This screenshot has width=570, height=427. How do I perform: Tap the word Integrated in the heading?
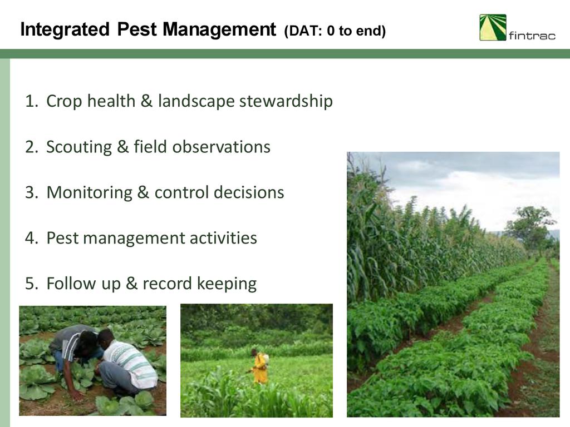click(65, 29)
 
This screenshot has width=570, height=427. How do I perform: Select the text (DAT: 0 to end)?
click(335, 31)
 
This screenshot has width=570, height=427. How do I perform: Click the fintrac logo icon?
click(493, 27)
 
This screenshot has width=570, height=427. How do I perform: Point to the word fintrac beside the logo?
click(532, 35)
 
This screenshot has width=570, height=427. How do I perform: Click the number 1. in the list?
click(32, 101)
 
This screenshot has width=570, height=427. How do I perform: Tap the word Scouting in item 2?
click(79, 147)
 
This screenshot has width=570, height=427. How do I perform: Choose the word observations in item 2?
click(221, 147)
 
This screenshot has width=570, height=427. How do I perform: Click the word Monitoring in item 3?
click(90, 192)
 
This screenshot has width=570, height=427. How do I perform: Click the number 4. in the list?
click(32, 238)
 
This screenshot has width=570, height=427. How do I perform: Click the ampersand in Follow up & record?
click(131, 283)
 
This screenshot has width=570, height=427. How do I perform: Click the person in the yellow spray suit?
click(259, 366)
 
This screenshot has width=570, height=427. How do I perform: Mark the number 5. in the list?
click(32, 284)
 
